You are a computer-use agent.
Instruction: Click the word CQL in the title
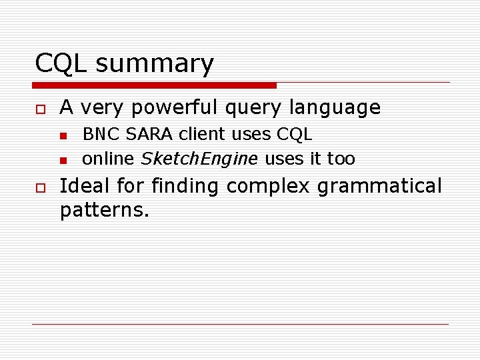[x=61, y=64]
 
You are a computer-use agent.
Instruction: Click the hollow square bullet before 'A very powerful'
[x=40, y=108]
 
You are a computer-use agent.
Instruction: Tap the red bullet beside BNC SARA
[x=63, y=135]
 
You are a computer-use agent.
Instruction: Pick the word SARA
[x=148, y=134]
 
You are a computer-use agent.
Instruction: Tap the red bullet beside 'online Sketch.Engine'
[x=63, y=160]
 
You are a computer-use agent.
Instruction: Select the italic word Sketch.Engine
[x=199, y=159]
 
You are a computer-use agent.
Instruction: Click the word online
[x=108, y=159]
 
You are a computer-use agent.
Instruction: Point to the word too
[x=341, y=159]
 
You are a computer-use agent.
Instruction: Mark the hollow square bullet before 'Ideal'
[x=40, y=188]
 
